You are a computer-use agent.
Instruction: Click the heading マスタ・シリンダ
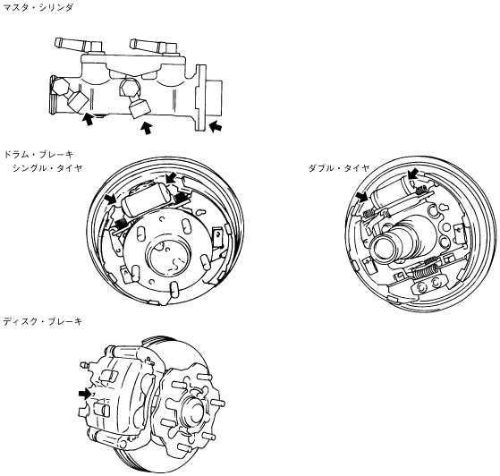38,8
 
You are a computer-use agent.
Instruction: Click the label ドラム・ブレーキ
38,155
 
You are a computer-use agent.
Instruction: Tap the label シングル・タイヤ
47,168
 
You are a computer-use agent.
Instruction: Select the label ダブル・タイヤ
339,168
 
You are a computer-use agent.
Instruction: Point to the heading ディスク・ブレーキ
42,321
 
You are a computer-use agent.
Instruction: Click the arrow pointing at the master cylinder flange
216,125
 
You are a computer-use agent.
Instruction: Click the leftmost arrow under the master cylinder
88,119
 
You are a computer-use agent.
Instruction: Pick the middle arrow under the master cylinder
146,128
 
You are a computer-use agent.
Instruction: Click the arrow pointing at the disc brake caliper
85,394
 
